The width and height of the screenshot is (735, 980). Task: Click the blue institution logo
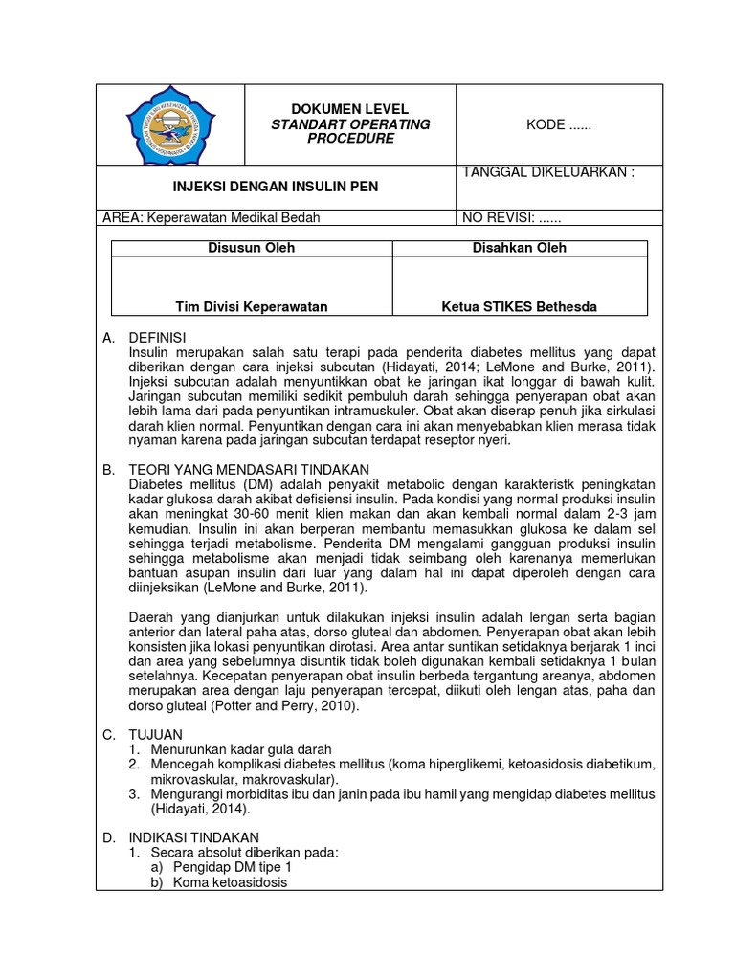tap(172, 124)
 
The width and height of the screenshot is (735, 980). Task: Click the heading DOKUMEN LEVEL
tap(349, 109)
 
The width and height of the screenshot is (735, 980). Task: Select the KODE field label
tap(559, 124)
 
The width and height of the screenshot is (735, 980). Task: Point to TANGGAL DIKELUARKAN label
tap(548, 172)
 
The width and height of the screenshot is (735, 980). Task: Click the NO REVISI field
tap(512, 217)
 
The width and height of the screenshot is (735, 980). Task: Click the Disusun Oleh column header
tap(252, 248)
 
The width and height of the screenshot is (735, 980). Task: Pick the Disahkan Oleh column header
tap(519, 248)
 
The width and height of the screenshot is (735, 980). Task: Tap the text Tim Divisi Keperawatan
tap(252, 306)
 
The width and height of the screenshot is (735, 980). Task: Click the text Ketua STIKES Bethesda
tap(519, 306)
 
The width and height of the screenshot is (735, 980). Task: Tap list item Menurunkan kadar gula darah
tap(240, 748)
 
